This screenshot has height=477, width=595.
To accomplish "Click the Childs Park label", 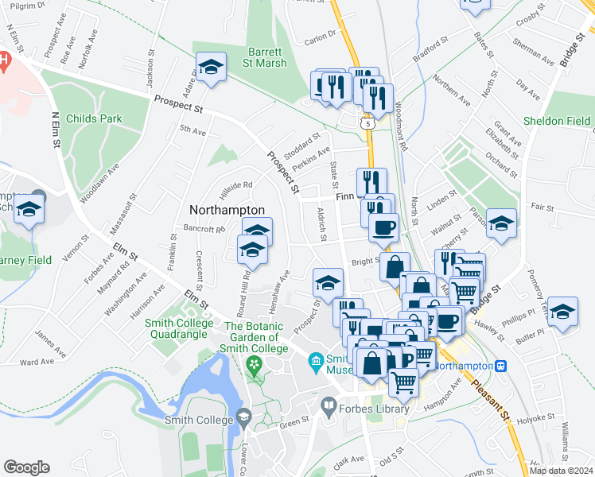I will [95, 118].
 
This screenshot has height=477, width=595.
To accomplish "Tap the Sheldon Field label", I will [557, 122].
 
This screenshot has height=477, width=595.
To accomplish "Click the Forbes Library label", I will [376, 409].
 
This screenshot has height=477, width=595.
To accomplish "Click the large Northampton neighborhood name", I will [227, 209].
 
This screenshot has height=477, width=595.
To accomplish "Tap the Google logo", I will [26, 467].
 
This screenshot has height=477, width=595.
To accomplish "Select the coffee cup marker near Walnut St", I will [383, 227].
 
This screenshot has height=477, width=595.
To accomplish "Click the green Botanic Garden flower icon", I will [255, 366].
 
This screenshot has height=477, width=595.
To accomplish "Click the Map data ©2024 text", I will [560, 471].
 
